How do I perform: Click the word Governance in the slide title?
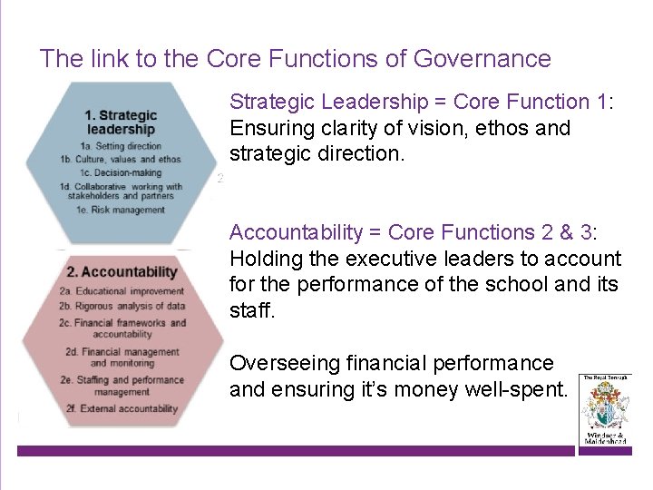tap(482, 59)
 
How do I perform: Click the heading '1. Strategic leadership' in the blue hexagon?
tap(121, 122)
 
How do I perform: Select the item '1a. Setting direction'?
tap(121, 146)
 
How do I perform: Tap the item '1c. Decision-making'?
tap(121, 172)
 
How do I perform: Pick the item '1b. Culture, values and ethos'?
tap(121, 160)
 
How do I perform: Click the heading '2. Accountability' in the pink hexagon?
tap(122, 271)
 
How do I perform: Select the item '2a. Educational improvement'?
tap(121, 291)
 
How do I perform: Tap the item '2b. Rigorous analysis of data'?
tap(121, 306)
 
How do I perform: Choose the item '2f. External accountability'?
tap(121, 409)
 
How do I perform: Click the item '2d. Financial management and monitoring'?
tap(121, 358)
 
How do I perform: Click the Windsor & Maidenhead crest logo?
tap(604, 409)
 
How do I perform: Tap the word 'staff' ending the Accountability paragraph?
tap(249, 310)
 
